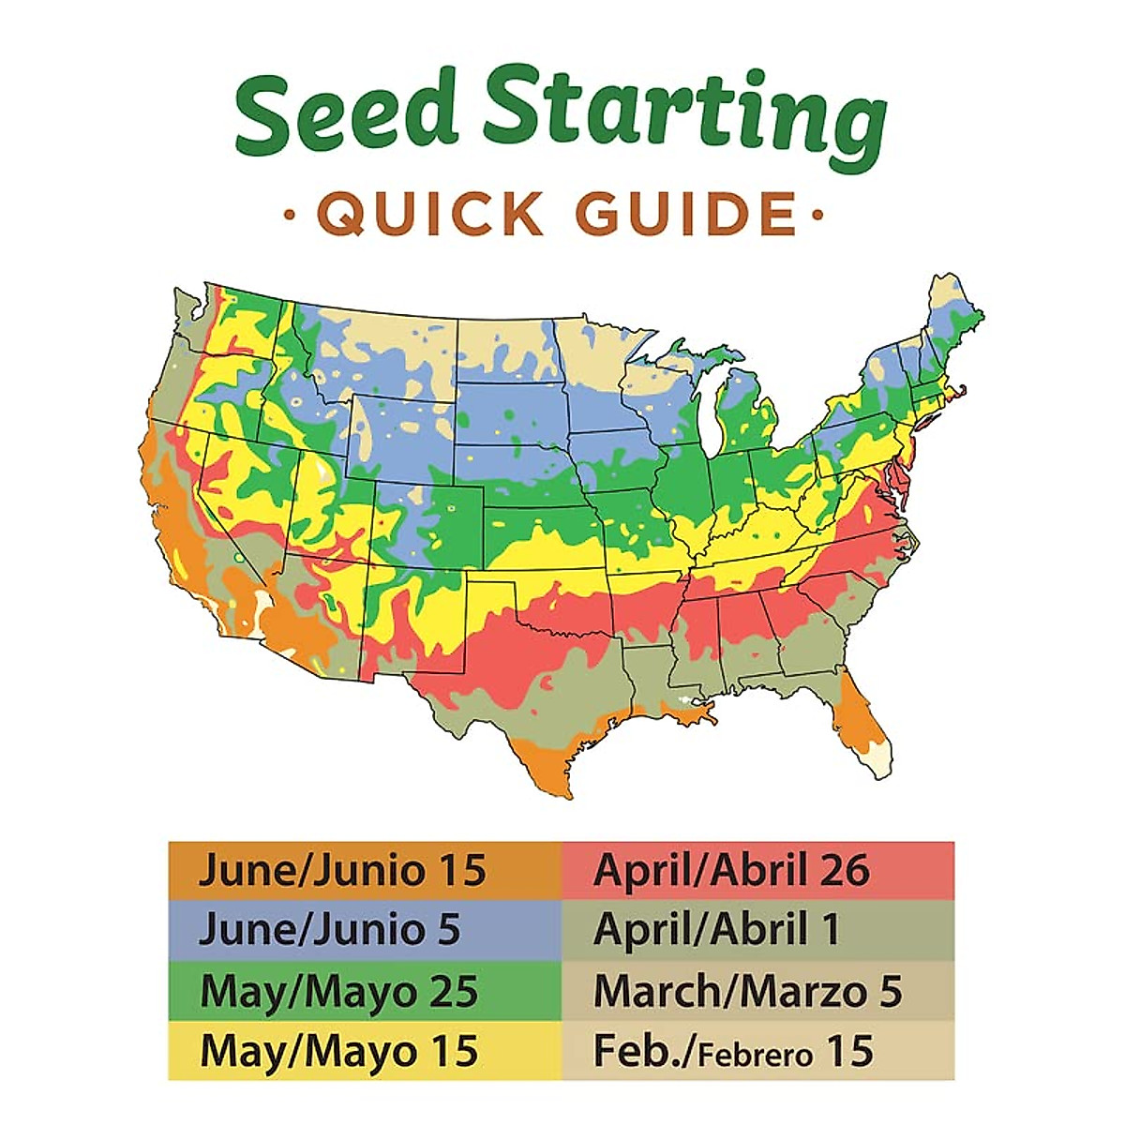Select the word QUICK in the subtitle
[x=431, y=215]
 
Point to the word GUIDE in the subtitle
[x=685, y=215]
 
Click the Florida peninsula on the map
[x=862, y=722]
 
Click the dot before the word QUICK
[x=289, y=217]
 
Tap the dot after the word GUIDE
[x=817, y=217]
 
